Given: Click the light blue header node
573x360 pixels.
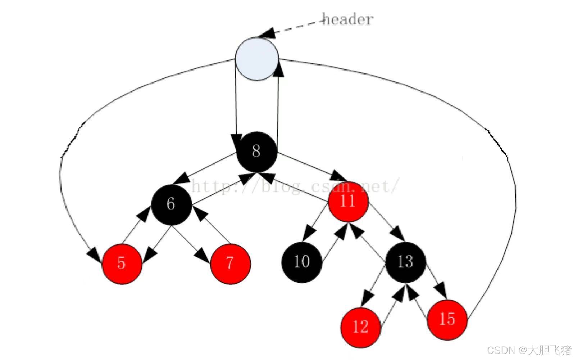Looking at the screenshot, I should (x=256, y=59).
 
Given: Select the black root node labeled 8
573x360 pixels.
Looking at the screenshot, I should (x=257, y=151).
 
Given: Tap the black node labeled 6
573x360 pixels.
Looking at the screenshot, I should (x=171, y=204).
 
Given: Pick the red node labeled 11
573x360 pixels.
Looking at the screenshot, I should (x=348, y=201).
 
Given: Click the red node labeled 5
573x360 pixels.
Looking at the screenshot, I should (x=122, y=263).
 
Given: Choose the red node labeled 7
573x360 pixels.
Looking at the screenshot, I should (x=230, y=263).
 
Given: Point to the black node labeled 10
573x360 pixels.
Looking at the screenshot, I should (x=301, y=262).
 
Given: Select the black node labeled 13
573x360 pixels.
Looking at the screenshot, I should (x=405, y=262).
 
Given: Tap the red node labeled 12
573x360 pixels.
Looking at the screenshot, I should (x=360, y=327).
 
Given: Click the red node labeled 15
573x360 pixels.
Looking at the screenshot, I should (x=447, y=319).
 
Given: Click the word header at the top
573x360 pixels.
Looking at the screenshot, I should (x=347, y=19).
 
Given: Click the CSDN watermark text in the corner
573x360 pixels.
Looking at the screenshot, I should (x=529, y=350).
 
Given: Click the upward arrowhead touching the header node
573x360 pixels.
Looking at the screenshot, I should (x=278, y=70).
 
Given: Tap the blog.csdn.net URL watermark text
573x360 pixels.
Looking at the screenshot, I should (x=295, y=186).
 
